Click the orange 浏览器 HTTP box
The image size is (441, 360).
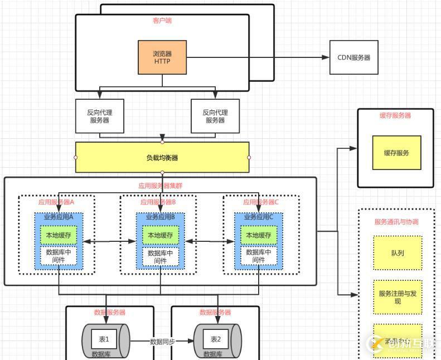(162, 57)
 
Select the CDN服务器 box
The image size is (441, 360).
(353, 57)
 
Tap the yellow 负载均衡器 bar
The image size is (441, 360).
(162, 158)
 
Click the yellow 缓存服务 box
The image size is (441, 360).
(396, 152)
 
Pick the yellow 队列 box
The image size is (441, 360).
(398, 253)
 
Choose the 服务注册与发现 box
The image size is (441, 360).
(398, 297)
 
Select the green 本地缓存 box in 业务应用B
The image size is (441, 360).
(161, 236)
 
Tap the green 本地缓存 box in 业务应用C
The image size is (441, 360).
(259, 236)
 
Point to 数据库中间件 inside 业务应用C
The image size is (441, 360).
(259, 256)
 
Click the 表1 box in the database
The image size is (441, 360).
(104, 339)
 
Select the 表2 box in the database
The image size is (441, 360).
(216, 339)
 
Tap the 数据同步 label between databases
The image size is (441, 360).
(162, 341)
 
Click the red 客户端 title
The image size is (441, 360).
(162, 21)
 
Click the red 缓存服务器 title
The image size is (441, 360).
(395, 115)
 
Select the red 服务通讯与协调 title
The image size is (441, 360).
(396, 222)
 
